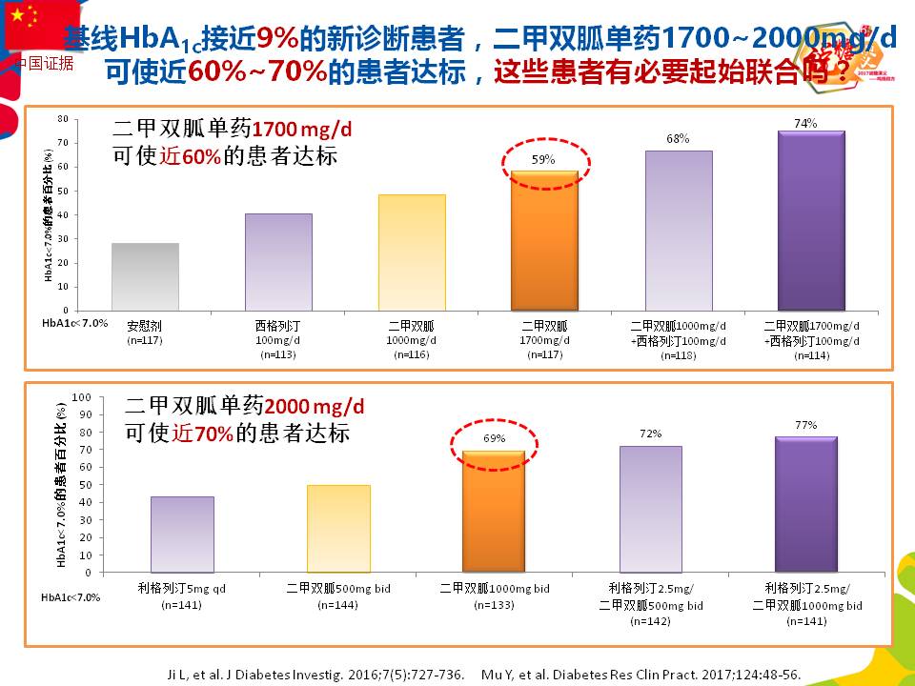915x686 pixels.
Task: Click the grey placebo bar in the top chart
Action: [x=145, y=276]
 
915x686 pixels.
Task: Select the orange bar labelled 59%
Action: [x=544, y=240]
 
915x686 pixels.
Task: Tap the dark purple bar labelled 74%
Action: [x=811, y=220]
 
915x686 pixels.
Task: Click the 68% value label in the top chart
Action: [x=678, y=138]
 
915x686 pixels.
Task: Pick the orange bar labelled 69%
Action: [x=493, y=511]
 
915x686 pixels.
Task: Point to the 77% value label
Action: [x=805, y=425]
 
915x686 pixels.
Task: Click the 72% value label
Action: [x=651, y=434]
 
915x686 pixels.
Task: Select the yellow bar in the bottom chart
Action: [x=338, y=529]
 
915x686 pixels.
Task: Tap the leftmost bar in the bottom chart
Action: [x=182, y=534]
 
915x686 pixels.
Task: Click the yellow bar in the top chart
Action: [x=412, y=252]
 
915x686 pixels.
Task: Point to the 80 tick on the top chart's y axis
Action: [x=62, y=119]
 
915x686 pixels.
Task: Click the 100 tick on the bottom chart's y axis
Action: [x=82, y=397]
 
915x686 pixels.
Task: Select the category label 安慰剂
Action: [x=145, y=325]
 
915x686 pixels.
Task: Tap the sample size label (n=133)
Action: [x=494, y=604]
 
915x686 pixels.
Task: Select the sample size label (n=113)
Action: [x=278, y=355]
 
